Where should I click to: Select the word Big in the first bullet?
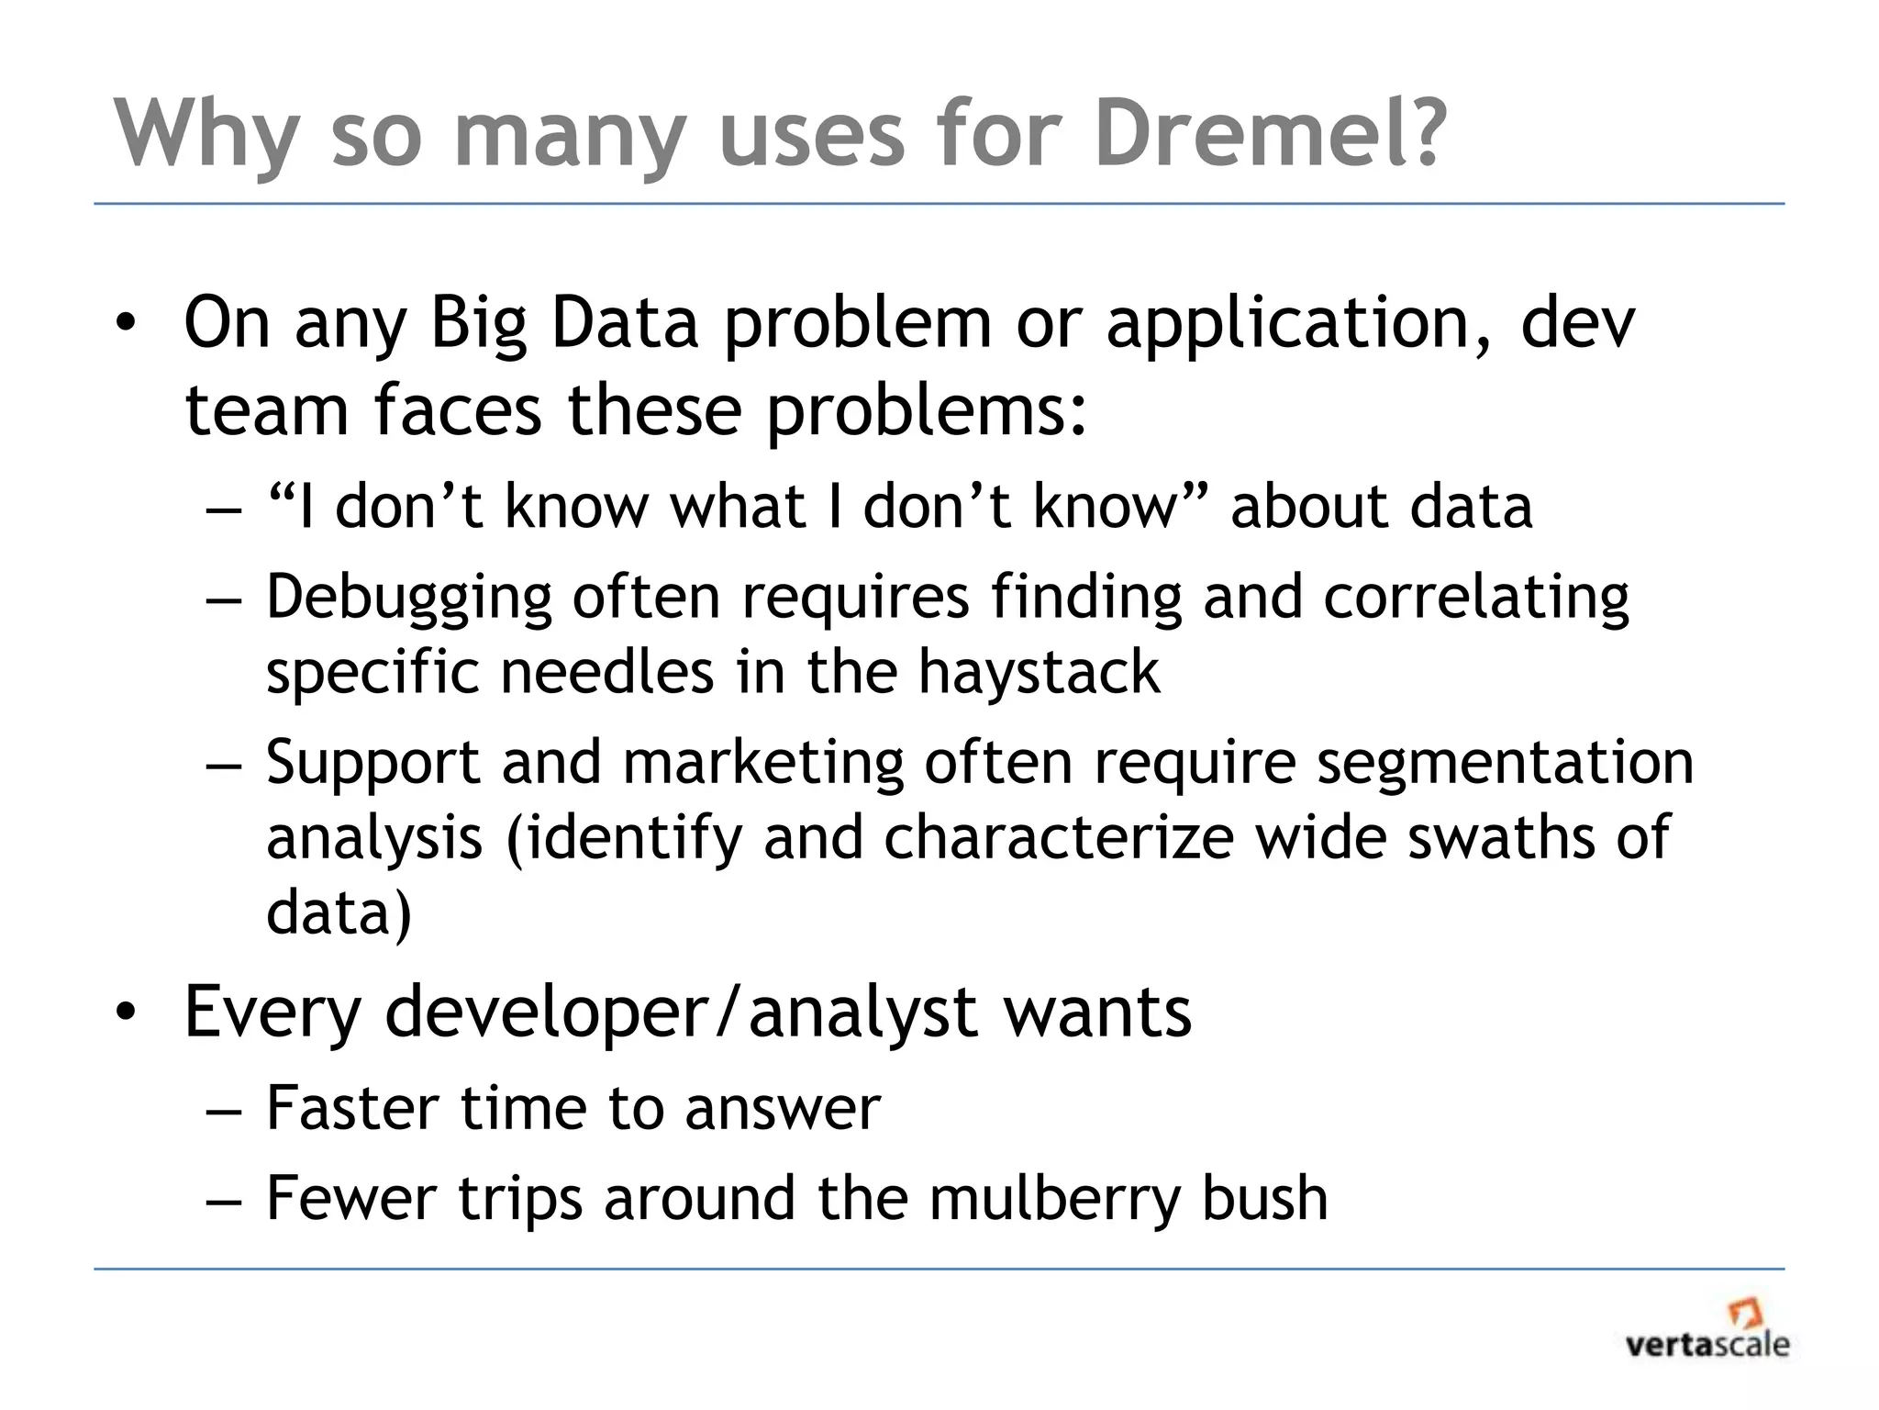point(479,325)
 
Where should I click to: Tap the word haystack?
point(1039,673)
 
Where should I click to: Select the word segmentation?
point(1505,764)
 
